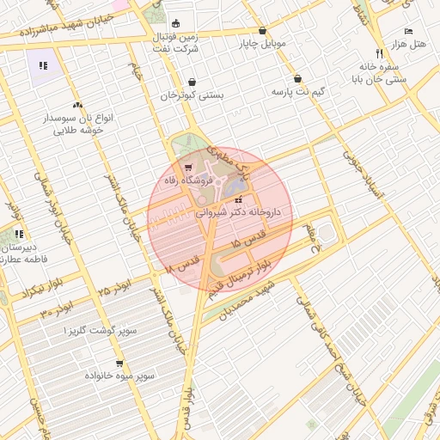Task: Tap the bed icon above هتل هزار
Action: point(408,30)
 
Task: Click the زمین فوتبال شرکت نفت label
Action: point(177,43)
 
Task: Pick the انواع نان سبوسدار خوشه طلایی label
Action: point(78,122)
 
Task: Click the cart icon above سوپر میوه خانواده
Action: point(119,363)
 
